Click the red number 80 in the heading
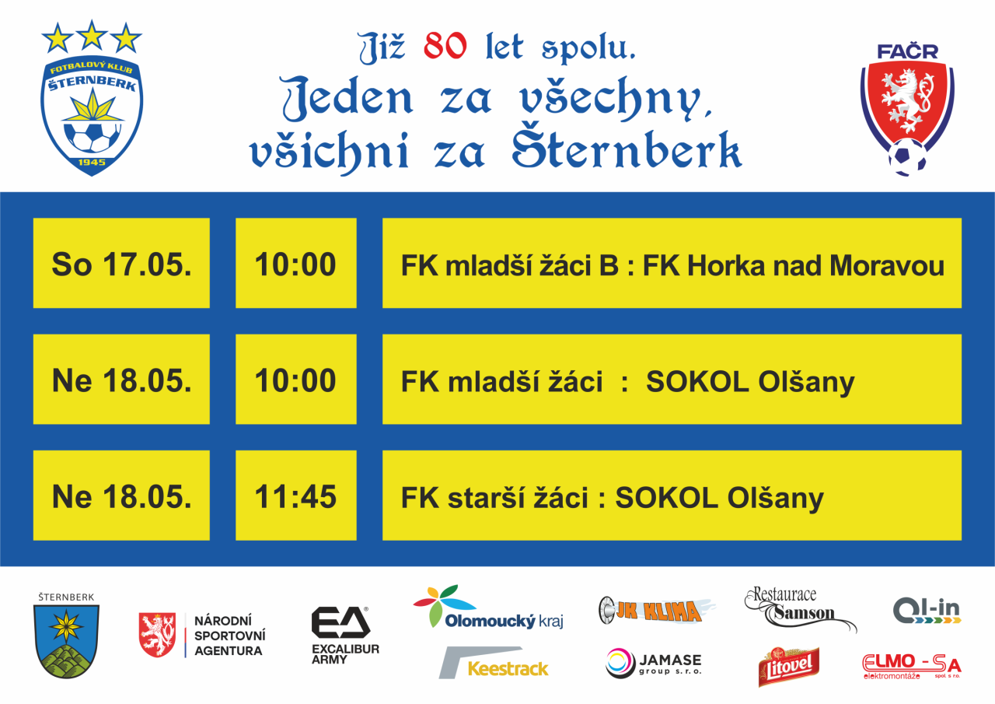pos(445,47)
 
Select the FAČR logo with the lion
pos(907,110)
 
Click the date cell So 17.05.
pos(121,263)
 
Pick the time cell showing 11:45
pos(296,496)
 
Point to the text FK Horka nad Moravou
pos(794,266)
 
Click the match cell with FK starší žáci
pos(672,496)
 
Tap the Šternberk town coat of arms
pos(67,636)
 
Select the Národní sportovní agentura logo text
pos(229,636)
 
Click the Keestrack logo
pos(494,662)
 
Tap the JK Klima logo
pos(657,610)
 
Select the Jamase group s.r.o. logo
pos(654,663)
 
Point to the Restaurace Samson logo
pos(801,609)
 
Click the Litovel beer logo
pos(789,666)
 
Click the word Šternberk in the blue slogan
pos(627,149)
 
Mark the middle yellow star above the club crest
pos(92,35)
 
